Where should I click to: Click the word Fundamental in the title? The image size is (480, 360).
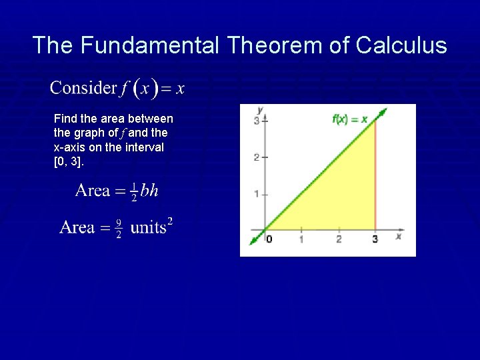151,45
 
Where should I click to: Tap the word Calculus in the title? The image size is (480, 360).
401,45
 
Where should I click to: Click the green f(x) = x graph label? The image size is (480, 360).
349,119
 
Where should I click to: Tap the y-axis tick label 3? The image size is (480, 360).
257,121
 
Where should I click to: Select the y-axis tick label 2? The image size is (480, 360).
257,157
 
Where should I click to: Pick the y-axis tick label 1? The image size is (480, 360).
257,194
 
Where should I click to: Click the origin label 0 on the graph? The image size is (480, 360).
269,239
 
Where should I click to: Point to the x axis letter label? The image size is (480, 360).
398,237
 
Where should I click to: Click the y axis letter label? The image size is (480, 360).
260,109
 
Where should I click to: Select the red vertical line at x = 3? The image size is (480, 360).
375,180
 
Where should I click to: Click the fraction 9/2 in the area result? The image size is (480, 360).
118,228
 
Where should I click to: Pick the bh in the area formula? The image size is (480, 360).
149,191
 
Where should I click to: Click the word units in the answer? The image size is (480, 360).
148,228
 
